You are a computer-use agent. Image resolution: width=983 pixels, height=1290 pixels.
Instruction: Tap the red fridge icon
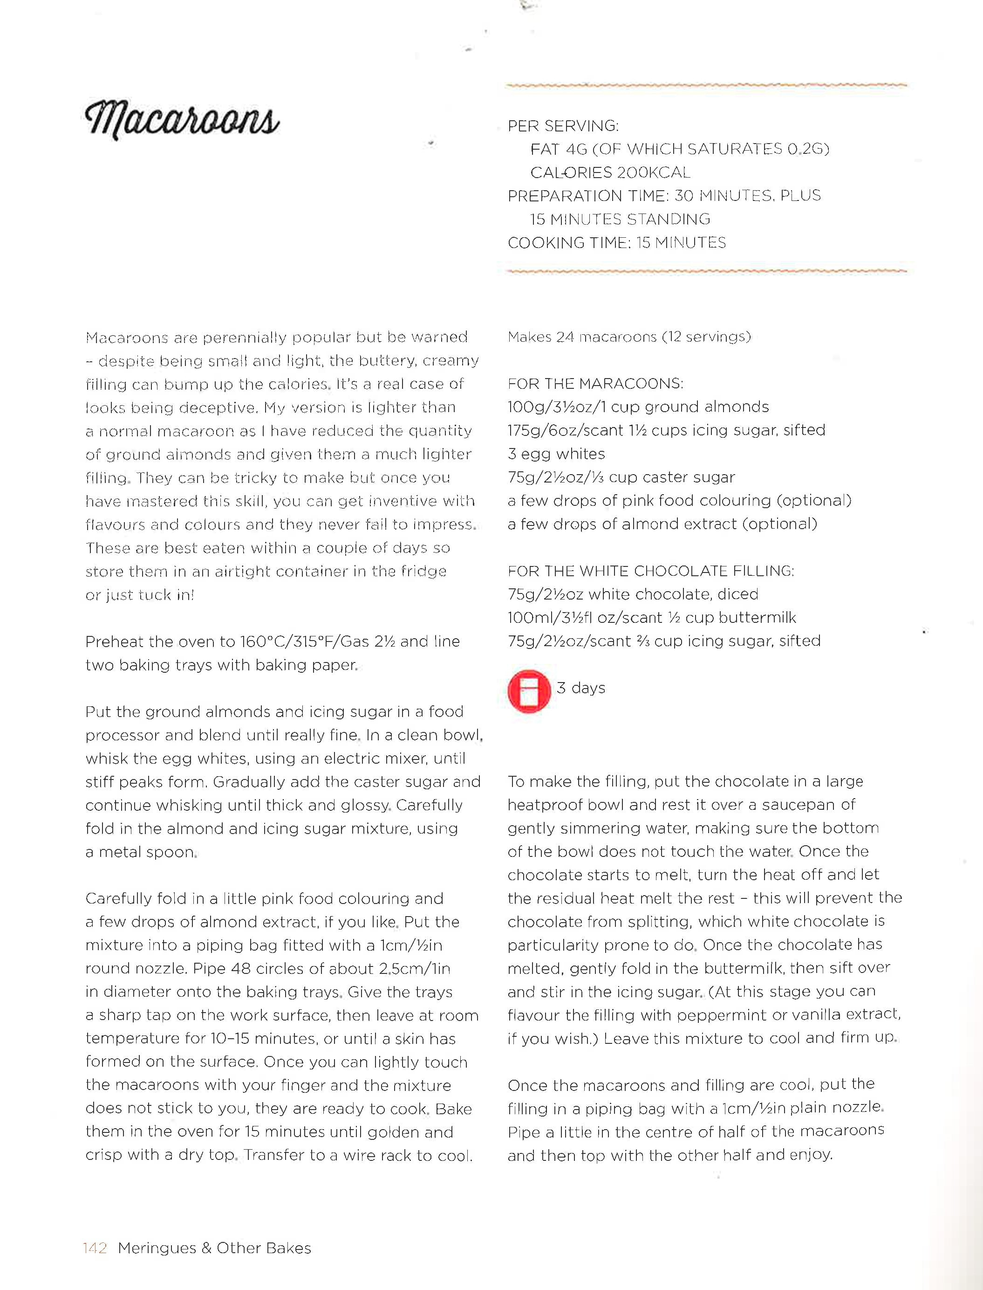529,691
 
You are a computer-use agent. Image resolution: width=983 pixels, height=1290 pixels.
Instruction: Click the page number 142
95,1248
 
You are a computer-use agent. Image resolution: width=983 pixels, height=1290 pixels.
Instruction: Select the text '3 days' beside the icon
580,688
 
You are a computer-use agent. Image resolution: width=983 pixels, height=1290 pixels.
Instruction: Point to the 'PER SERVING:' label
563,126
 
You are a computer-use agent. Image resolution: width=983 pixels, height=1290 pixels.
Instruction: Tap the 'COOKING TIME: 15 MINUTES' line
617,242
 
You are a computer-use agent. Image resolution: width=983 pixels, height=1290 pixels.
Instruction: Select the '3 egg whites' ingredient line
556,454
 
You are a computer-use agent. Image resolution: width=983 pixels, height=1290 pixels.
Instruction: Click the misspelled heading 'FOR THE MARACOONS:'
595,384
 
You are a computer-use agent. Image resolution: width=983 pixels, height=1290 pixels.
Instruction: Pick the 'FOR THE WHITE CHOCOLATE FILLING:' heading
651,571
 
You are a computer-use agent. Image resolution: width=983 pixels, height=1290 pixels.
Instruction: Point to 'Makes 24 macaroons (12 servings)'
629,337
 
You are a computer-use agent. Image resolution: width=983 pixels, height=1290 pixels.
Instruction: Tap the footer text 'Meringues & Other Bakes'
214,1248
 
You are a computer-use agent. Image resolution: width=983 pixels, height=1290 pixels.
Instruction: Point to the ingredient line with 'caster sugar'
621,477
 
